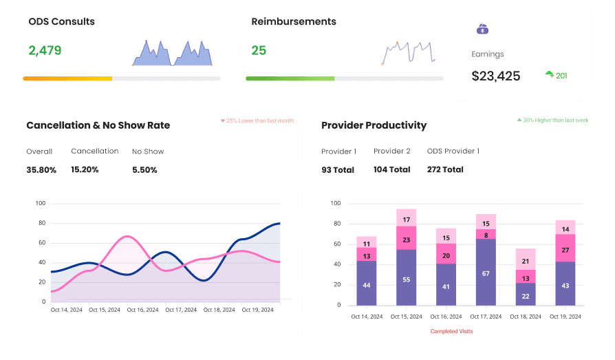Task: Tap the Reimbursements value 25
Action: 259,50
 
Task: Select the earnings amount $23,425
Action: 496,76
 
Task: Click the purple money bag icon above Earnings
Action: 482,30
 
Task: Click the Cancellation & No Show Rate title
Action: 98,125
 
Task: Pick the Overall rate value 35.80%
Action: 41,169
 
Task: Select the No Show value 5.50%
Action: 144,169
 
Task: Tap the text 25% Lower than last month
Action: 257,120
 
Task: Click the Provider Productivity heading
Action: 374,125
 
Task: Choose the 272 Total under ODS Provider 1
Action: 445,169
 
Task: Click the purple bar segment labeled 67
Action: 486,273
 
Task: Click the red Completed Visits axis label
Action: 451,331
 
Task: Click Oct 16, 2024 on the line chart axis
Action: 143,310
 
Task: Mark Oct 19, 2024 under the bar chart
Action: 565,316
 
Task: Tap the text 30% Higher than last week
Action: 552,120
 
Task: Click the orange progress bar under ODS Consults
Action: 67,78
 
